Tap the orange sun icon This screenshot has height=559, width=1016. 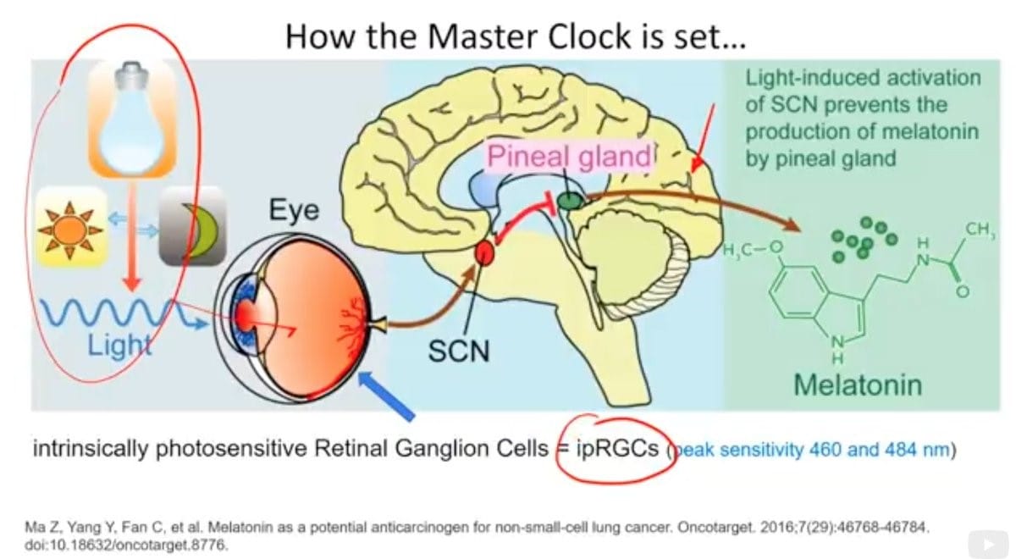click(72, 226)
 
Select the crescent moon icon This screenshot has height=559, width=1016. click(192, 226)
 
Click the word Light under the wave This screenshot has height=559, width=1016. click(119, 345)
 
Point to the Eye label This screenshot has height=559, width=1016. click(294, 209)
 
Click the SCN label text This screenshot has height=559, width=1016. click(458, 348)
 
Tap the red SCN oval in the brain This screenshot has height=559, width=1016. click(484, 252)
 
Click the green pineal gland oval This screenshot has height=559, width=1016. click(571, 200)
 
